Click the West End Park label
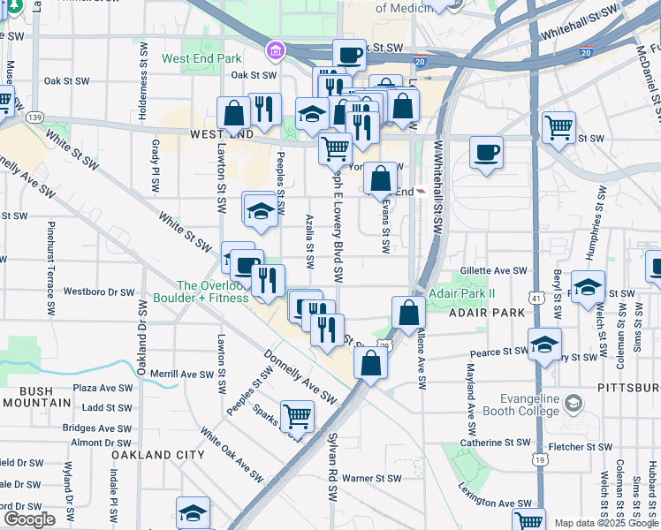pos(201,59)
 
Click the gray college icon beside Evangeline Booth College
pos(573,405)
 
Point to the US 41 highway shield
pos(537,299)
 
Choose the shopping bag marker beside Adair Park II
pos(408,313)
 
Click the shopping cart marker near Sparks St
pos(298,416)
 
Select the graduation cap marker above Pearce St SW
pos(544,343)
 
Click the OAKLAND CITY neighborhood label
pos(158,455)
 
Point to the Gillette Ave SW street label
pos(494,271)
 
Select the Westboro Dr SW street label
pos(99,291)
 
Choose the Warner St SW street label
pos(372,478)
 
